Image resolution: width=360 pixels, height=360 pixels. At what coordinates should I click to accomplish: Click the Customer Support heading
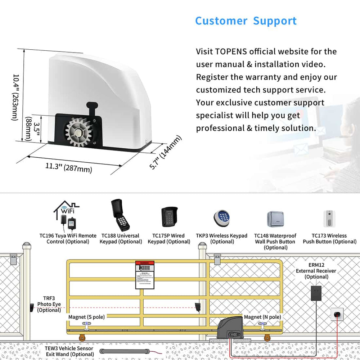click(x=246, y=21)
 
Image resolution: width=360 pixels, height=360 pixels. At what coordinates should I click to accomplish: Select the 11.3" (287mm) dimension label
click(x=68, y=167)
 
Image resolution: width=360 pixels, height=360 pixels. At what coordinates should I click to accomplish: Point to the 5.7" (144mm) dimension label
click(x=166, y=152)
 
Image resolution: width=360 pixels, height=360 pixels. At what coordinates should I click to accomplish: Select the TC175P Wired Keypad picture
click(x=169, y=217)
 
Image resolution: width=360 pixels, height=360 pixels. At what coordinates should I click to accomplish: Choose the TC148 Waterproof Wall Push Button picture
click(x=275, y=219)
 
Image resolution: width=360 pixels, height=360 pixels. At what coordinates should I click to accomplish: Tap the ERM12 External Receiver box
click(x=316, y=293)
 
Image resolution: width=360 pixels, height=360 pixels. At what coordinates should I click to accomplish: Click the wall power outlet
click(x=337, y=314)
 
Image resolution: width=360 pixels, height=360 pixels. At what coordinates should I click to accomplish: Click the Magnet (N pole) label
click(x=262, y=317)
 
